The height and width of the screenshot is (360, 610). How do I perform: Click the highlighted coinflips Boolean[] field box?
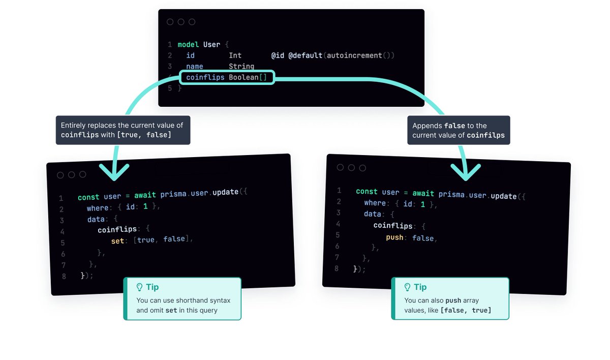227,77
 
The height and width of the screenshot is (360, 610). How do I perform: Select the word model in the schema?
188,44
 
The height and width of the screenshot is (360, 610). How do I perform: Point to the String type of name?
241,67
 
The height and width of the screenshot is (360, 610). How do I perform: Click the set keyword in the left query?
117,241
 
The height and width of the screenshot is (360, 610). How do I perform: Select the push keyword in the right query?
394,237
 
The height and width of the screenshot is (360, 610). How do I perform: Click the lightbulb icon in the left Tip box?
139,287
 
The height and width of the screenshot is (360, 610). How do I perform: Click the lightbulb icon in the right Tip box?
407,287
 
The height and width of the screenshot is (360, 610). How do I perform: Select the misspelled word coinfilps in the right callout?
485,135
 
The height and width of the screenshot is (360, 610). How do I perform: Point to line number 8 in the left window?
64,276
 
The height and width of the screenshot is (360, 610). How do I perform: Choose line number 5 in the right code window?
338,235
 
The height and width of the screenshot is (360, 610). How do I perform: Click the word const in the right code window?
367,192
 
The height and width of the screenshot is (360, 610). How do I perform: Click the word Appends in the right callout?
427,126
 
